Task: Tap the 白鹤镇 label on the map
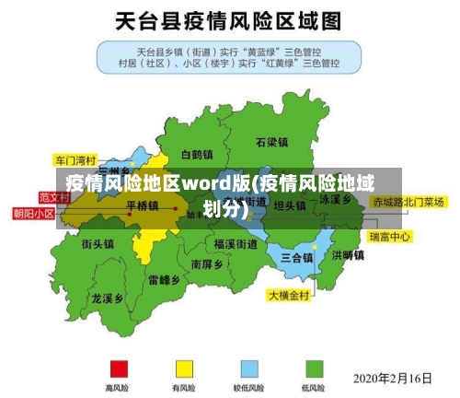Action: (x=197, y=154)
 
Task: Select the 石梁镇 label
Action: (x=272, y=143)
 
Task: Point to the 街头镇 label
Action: (x=98, y=244)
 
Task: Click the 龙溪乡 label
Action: (x=108, y=298)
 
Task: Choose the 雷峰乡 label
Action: (x=164, y=279)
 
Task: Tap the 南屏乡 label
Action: (x=207, y=263)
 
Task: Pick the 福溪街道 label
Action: (x=236, y=244)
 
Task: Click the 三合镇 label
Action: (x=296, y=257)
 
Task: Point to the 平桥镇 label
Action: (x=142, y=205)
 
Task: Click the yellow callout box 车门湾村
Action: (x=75, y=158)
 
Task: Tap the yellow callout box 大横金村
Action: (x=290, y=296)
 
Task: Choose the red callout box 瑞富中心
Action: (x=390, y=237)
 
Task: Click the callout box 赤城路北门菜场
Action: (x=408, y=201)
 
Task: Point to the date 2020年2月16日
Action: (x=393, y=378)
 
